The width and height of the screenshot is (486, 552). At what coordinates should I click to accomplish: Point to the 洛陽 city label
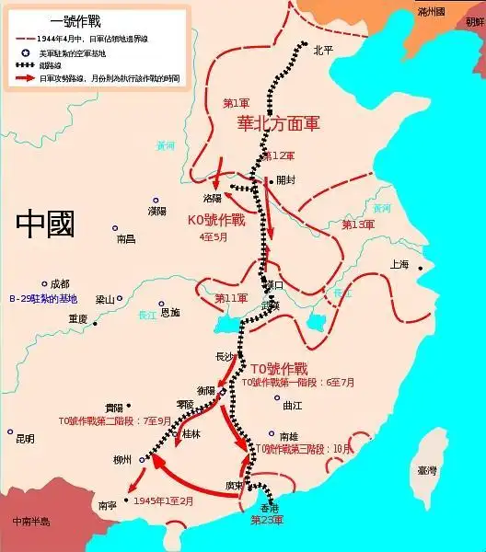[x=213, y=197]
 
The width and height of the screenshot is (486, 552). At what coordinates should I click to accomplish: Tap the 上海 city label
[x=399, y=264]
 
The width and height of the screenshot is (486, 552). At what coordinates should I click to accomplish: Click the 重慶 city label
[x=76, y=318]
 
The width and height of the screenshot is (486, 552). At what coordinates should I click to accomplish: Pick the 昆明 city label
[x=26, y=439]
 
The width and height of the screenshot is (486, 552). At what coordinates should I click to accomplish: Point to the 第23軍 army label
[x=267, y=521]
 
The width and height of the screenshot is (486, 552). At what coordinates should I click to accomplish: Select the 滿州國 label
[x=430, y=12]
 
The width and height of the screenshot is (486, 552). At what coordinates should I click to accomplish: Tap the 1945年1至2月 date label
[x=164, y=501]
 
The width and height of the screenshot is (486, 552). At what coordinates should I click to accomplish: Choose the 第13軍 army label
[x=358, y=224]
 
